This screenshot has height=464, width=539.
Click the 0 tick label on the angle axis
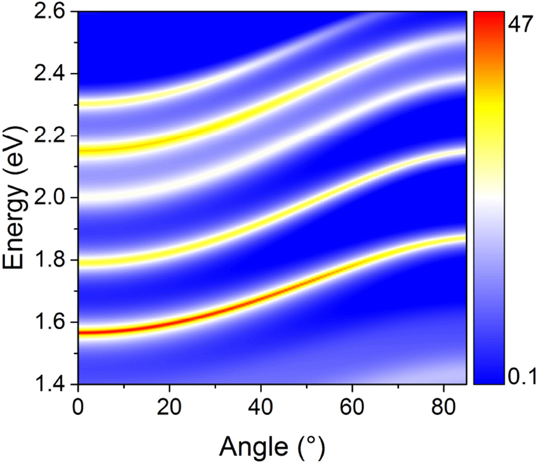78,404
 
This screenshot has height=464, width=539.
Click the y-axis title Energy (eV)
17,198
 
